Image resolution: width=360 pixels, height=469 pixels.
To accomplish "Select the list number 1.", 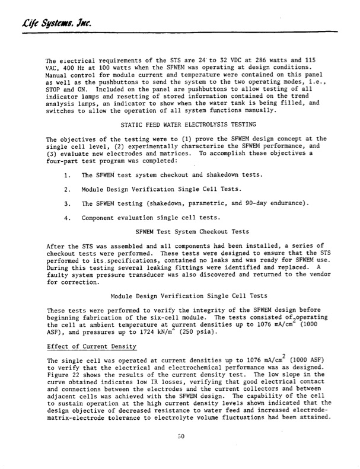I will coord(67,176).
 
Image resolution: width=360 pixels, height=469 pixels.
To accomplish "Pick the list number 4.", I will coord(67,216).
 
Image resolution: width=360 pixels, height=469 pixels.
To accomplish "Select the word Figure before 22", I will coord(58,379).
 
